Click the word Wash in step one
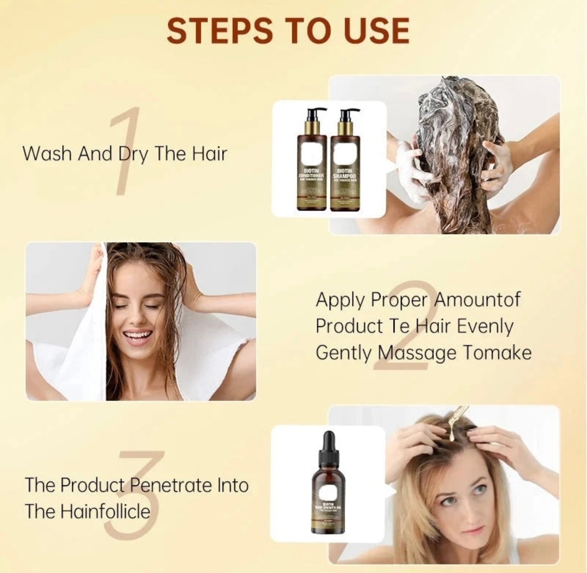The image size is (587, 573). tap(48, 154)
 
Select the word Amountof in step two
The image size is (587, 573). tap(477, 300)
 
